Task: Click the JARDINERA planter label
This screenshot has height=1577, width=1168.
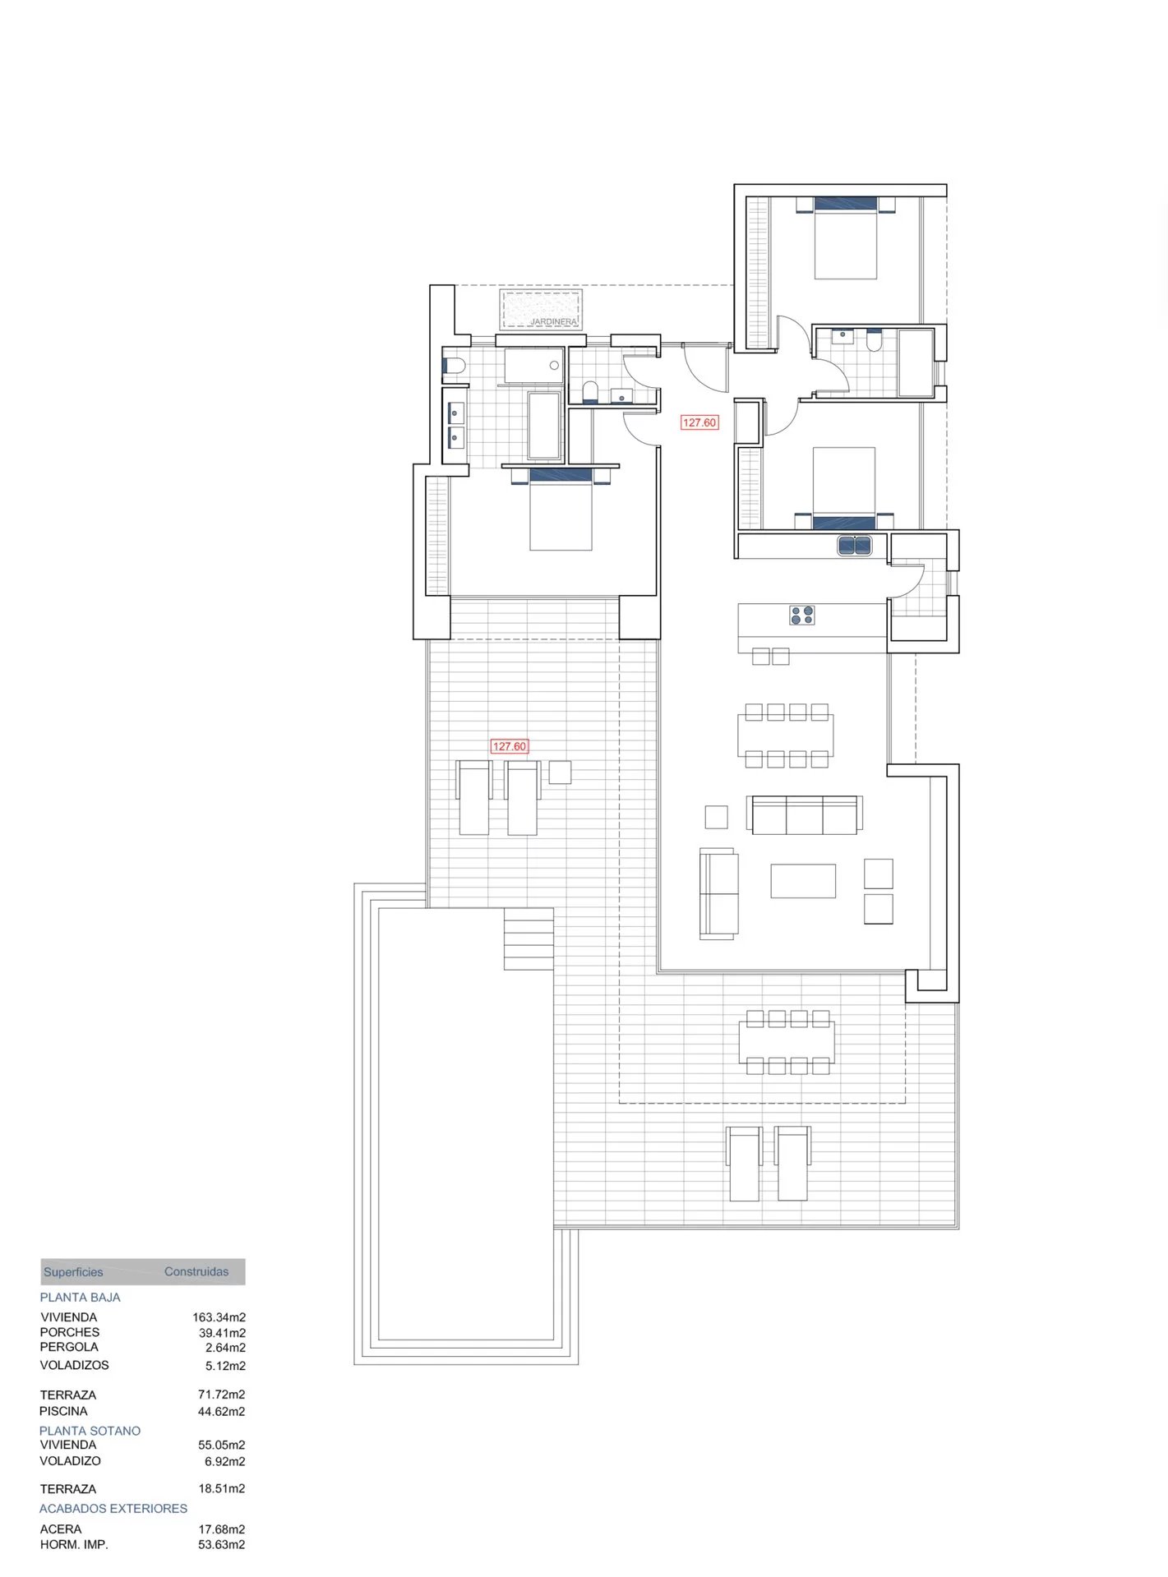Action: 552,321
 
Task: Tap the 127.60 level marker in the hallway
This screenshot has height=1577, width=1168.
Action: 699,422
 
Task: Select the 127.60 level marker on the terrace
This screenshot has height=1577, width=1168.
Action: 509,746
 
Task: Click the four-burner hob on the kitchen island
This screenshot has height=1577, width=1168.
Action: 802,615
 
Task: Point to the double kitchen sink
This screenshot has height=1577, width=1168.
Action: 855,545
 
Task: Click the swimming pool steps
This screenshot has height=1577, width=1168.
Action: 529,938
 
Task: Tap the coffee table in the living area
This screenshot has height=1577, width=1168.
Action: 803,880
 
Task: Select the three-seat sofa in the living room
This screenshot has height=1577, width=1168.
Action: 805,814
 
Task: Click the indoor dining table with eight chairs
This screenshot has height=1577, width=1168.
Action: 786,735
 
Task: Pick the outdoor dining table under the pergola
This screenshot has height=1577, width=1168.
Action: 787,1041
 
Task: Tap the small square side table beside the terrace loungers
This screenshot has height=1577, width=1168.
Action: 560,772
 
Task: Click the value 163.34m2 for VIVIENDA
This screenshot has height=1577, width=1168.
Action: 219,1317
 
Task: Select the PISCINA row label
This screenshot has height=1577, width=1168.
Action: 63,1411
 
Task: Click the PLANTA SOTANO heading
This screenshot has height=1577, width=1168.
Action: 90,1431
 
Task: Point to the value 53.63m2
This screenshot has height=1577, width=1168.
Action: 221,1544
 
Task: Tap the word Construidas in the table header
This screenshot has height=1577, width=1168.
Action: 196,1271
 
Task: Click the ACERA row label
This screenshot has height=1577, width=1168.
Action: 61,1529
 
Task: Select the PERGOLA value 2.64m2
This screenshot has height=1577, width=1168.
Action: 225,1348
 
